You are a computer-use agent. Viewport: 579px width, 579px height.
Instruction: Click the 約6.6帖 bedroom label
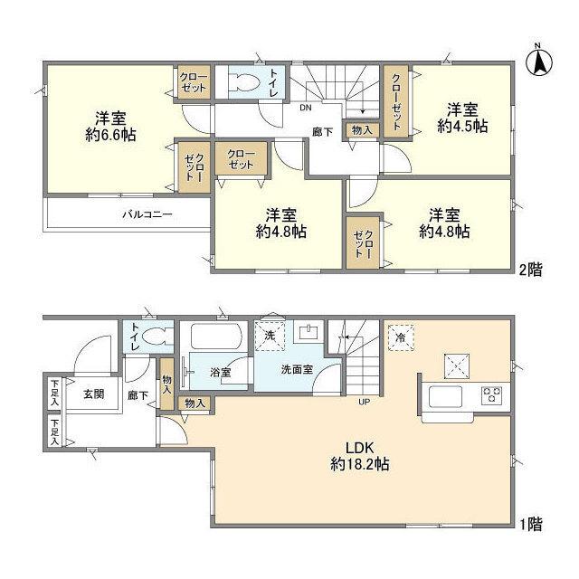[106, 126]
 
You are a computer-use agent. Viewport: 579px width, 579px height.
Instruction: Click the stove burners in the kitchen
[492, 394]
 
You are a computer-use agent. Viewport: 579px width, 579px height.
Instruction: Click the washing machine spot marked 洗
[271, 335]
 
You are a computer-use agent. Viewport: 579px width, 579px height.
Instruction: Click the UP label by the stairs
[365, 401]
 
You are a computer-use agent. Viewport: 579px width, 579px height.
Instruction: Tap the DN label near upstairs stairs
[306, 106]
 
